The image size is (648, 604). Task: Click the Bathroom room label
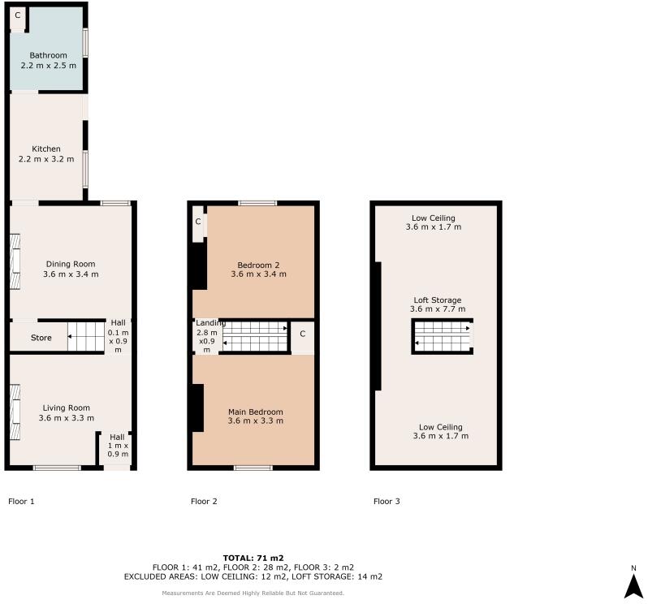click(48, 55)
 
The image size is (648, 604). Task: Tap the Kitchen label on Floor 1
click(46, 149)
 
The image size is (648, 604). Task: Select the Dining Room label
click(71, 264)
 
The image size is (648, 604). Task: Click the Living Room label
click(66, 408)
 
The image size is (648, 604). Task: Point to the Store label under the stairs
click(41, 337)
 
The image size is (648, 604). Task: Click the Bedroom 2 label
click(258, 265)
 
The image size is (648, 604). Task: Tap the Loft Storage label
click(437, 300)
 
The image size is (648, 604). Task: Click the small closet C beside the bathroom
click(17, 16)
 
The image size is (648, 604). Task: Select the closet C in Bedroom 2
click(198, 222)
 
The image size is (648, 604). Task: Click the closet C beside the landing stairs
click(302, 334)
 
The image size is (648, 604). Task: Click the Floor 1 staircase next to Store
click(85, 335)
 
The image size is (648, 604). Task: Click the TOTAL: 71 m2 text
click(253, 558)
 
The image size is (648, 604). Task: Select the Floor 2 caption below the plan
click(204, 502)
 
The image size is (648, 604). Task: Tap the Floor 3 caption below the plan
click(387, 502)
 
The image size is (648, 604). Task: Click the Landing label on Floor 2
click(206, 322)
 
